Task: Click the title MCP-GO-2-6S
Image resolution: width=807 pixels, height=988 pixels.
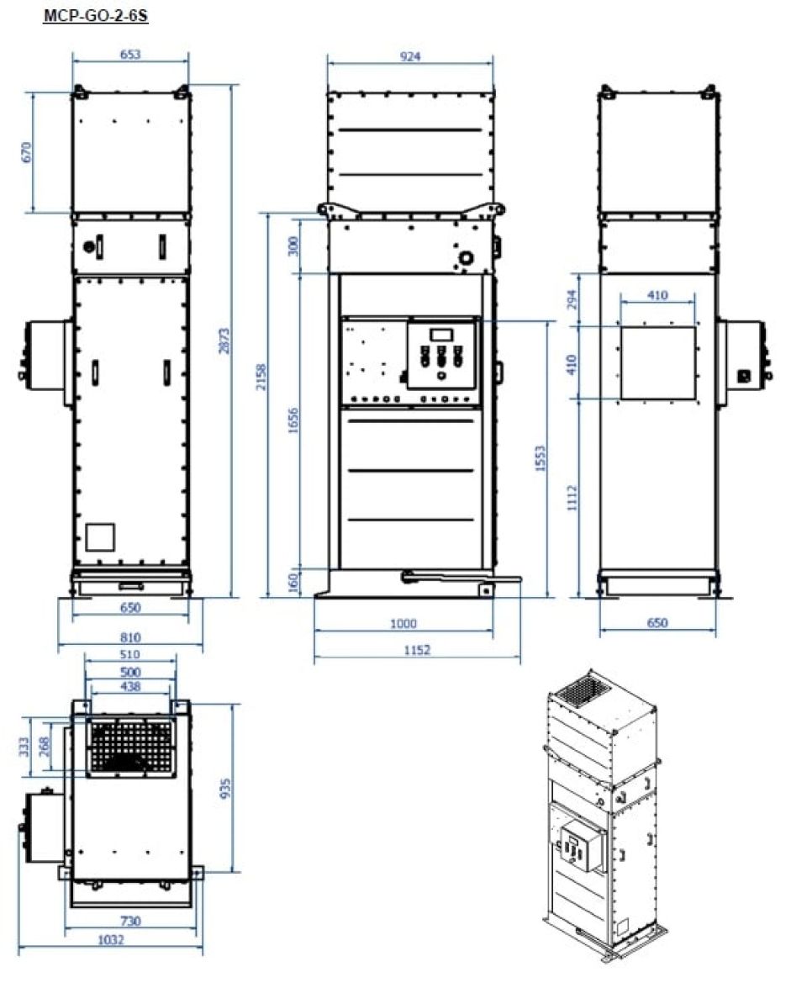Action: tap(96, 15)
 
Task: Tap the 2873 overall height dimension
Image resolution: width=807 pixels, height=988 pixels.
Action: tap(224, 341)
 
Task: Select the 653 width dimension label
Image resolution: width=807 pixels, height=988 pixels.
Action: tap(130, 54)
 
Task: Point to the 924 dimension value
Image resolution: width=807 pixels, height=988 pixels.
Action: tap(410, 56)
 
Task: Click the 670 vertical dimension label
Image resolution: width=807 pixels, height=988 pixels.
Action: tap(26, 152)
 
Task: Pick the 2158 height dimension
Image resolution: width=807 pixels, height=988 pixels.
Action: tap(261, 377)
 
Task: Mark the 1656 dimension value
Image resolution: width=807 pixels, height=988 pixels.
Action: tap(293, 421)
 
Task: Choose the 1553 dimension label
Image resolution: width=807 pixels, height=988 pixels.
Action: tap(540, 459)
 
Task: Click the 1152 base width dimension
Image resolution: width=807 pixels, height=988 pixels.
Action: tap(417, 650)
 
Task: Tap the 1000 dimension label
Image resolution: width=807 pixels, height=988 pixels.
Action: tap(403, 623)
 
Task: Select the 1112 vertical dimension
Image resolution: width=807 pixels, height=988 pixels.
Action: tap(572, 498)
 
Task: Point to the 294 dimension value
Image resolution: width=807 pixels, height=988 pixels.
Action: tap(572, 299)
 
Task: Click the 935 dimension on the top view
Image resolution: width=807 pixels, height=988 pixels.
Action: tap(225, 788)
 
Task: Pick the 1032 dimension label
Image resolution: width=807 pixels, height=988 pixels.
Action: tap(111, 939)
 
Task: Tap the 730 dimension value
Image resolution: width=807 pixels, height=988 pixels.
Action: tap(130, 921)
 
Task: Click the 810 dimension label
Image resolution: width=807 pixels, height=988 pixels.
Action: tap(130, 637)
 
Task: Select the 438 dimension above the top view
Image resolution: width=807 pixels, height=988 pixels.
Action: tap(130, 686)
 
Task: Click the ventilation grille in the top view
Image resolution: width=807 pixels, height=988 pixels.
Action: tap(131, 748)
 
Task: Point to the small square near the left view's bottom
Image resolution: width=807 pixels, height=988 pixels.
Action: tap(100, 537)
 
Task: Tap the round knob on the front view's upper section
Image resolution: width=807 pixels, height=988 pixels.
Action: tap(467, 257)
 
